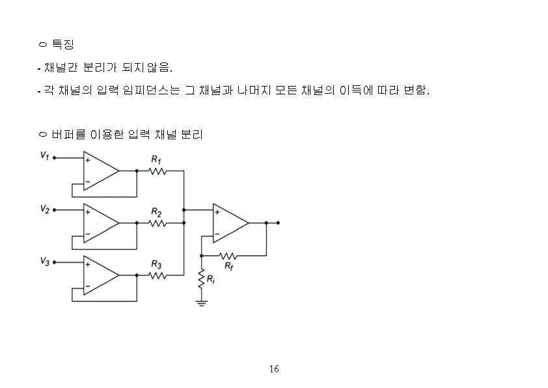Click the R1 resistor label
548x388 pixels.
pos(156,159)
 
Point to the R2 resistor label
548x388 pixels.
pos(156,212)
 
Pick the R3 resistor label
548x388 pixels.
pos(156,264)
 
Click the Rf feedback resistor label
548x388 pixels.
pos(229,266)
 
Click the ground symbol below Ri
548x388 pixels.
pos(201,303)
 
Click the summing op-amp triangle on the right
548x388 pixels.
pos(229,223)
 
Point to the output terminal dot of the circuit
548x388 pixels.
pos(279,223)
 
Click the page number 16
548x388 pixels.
pos(274,369)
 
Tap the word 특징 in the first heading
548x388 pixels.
pos(62,45)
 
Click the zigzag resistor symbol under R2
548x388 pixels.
pos(158,223)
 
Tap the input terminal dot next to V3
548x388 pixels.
pos(54,262)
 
